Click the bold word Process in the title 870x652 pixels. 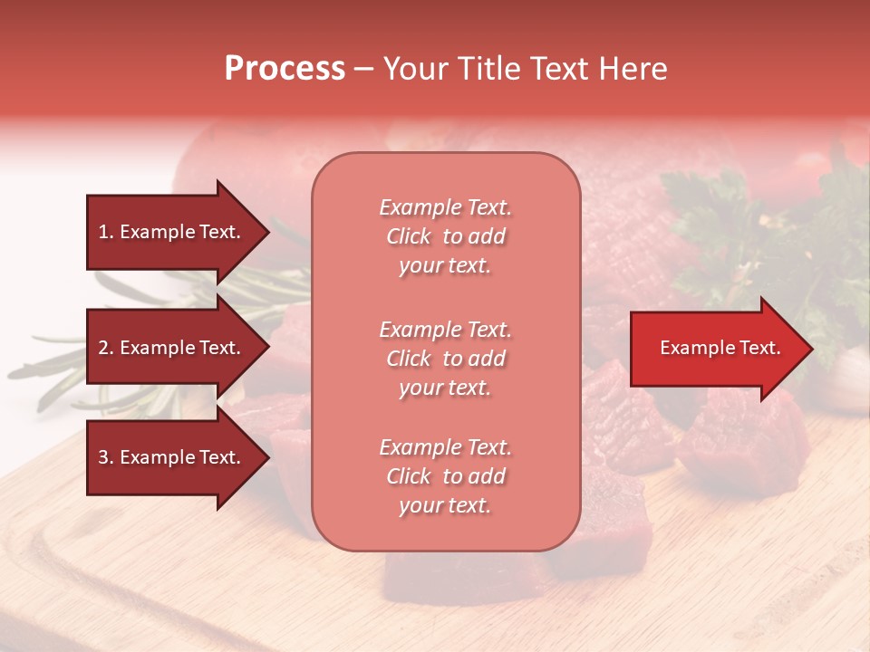tap(285, 69)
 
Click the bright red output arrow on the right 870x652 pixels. tap(716, 349)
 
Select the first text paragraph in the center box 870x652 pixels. tap(445, 236)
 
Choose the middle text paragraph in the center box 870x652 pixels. tap(445, 359)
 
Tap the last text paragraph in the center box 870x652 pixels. tap(445, 476)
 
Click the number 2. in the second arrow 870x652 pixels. tap(106, 348)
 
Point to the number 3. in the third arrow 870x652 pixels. tap(106, 457)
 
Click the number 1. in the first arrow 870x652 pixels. tap(106, 232)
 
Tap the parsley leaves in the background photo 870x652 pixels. tap(716, 226)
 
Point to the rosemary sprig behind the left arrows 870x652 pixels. tap(54, 362)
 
